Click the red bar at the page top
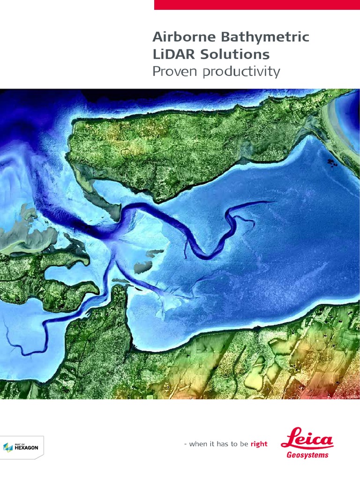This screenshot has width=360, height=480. click(x=257, y=5)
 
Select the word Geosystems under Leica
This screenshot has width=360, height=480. click(x=307, y=455)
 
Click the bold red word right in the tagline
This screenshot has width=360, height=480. click(x=259, y=444)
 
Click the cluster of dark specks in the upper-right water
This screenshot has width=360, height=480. click(x=333, y=163)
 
